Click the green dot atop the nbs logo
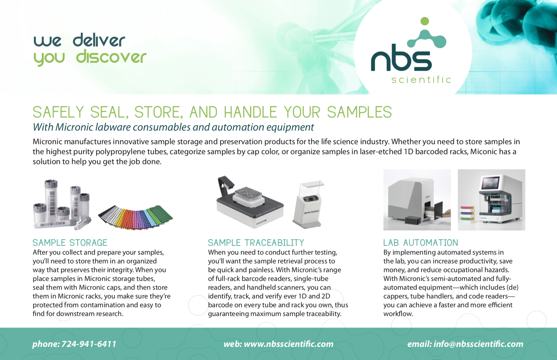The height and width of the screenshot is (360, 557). [x=425, y=21]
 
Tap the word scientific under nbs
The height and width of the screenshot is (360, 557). [x=421, y=80]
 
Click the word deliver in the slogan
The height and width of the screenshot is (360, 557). [x=99, y=41]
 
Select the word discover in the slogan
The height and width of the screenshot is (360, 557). [x=111, y=57]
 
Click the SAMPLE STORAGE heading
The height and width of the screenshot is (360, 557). [x=70, y=243]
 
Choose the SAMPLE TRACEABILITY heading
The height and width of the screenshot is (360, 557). [x=256, y=243]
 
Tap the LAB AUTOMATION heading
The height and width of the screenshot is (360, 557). [x=421, y=243]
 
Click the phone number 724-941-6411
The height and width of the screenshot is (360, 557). [x=89, y=344]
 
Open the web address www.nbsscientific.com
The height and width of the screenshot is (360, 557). [x=288, y=344]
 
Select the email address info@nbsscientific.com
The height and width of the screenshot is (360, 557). [x=478, y=344]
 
